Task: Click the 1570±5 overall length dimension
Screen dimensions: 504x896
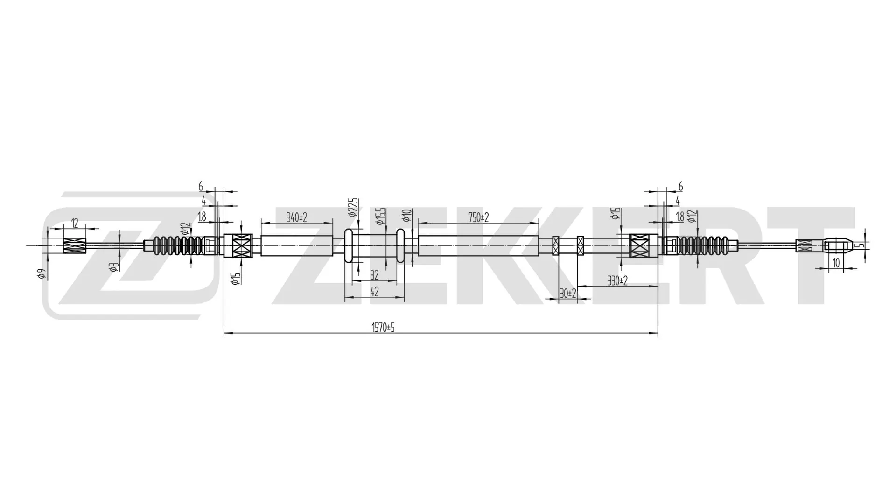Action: tap(383, 328)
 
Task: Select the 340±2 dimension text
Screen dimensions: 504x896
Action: tap(297, 217)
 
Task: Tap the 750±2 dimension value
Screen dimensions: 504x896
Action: tap(478, 217)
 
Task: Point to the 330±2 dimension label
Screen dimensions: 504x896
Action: tap(617, 280)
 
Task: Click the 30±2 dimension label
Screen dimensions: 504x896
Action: tap(568, 294)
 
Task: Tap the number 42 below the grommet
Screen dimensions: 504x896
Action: tap(374, 292)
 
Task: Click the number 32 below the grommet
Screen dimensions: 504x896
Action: tap(374, 276)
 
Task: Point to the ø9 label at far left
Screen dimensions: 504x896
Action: tap(42, 274)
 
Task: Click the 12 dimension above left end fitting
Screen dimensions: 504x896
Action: tap(75, 223)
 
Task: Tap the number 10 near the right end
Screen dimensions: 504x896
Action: tap(836, 263)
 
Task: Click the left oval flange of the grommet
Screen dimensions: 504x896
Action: tap(348, 246)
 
